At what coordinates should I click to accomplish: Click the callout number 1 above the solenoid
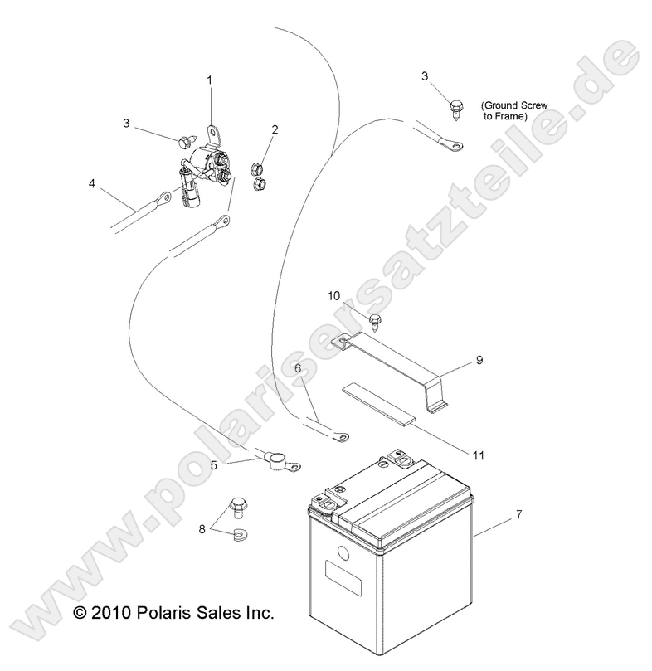(210, 80)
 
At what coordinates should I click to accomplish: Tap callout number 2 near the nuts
(275, 129)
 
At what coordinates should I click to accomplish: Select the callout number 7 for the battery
(518, 514)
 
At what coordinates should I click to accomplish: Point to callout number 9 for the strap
(479, 360)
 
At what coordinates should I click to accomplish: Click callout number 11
(478, 455)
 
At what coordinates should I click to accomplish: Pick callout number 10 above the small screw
(334, 296)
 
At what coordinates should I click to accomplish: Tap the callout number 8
(202, 529)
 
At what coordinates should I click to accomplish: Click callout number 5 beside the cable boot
(214, 464)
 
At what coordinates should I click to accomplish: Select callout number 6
(298, 368)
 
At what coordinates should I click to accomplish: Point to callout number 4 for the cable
(91, 183)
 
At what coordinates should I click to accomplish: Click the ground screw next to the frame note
(455, 110)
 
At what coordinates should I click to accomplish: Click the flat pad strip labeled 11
(379, 403)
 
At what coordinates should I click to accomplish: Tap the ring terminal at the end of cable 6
(340, 437)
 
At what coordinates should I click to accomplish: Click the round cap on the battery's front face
(343, 554)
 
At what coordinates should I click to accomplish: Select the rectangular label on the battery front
(343, 578)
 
